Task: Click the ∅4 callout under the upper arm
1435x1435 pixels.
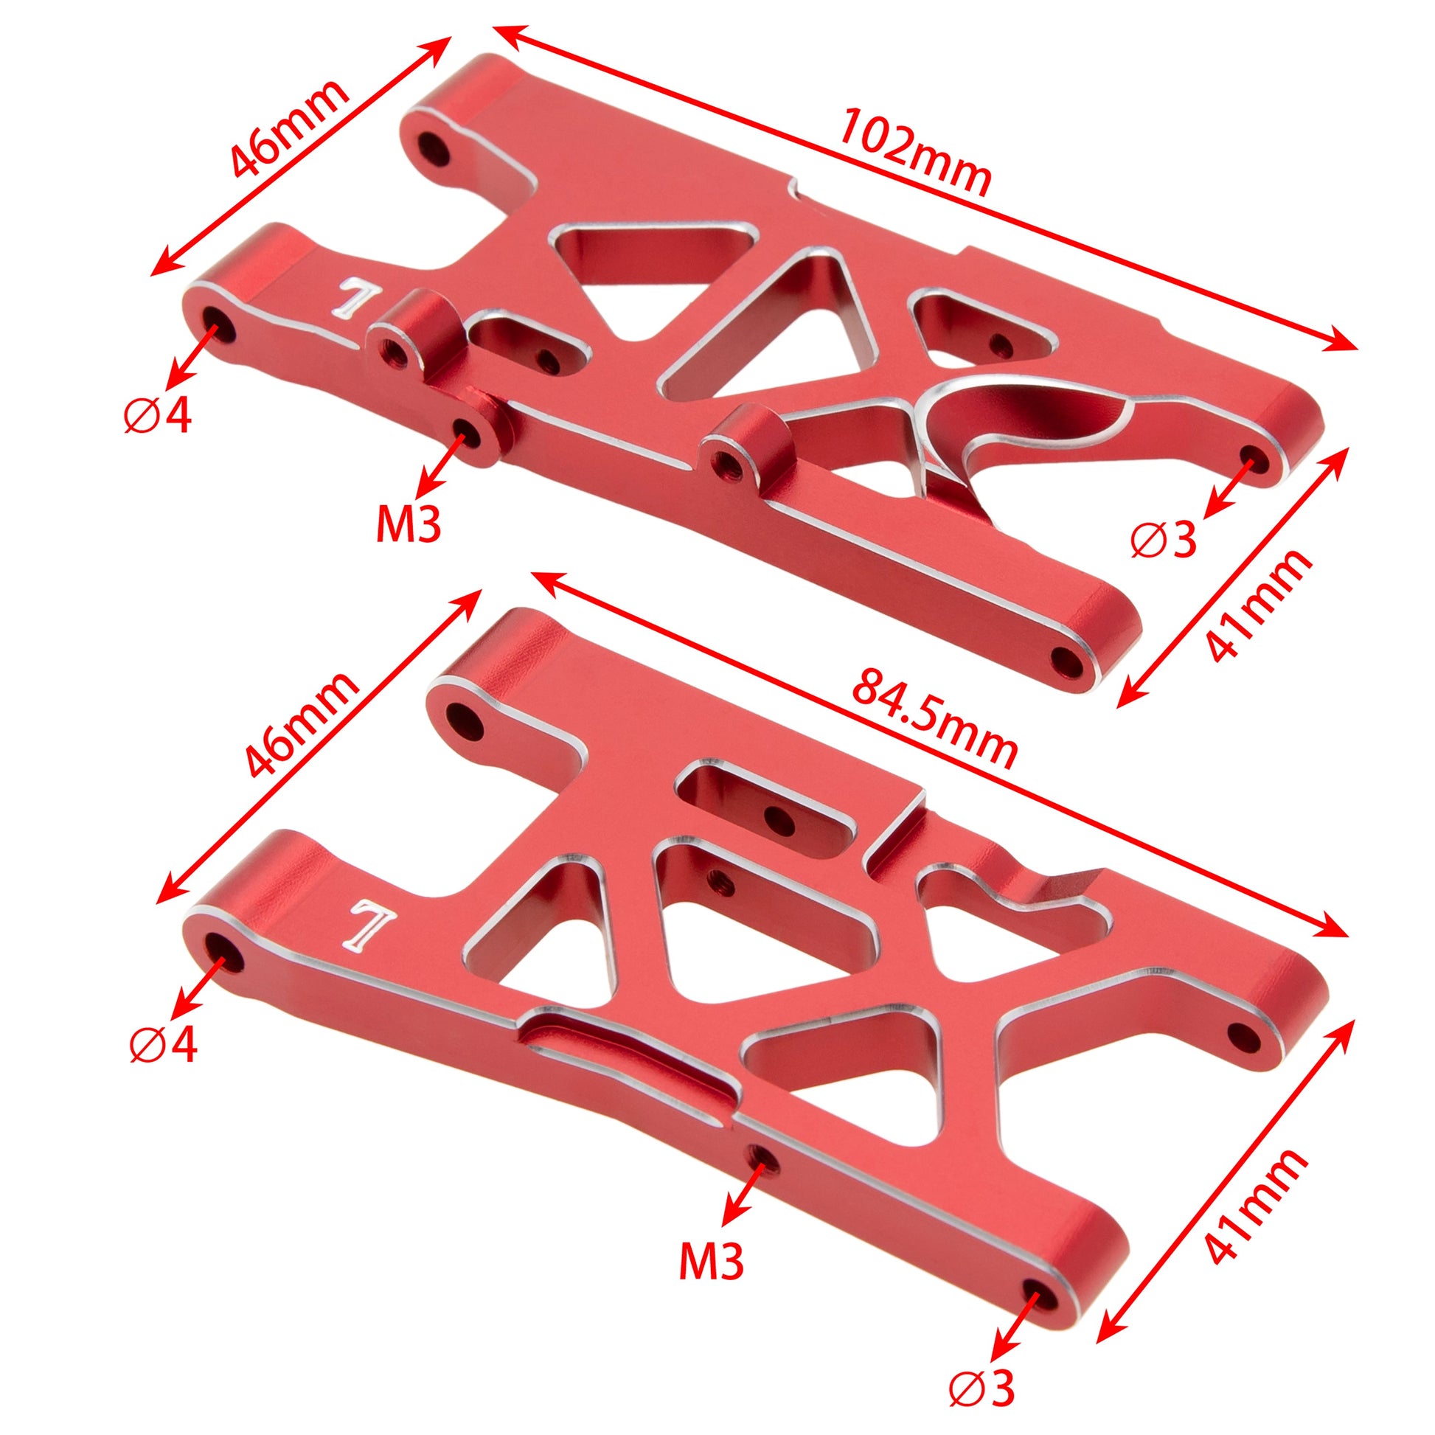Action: pos(157,417)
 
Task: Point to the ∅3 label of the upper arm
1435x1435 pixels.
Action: pos(1164,541)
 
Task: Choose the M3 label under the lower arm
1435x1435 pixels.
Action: pos(711,1259)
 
